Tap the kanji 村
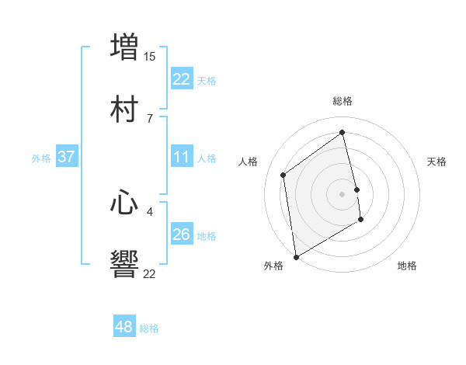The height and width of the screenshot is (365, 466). coord(125,109)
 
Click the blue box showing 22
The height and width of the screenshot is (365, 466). coord(181,79)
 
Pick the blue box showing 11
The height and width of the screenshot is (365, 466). coord(181,157)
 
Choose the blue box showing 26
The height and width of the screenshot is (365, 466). coord(181,235)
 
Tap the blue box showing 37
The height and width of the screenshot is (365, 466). coord(66,157)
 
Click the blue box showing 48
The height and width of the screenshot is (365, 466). coord(124,327)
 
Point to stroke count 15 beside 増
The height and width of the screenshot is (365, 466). coord(150,57)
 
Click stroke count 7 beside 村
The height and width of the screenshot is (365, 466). coord(150,119)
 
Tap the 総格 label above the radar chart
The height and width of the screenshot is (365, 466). coord(343,101)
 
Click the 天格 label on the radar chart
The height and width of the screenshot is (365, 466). coord(437,162)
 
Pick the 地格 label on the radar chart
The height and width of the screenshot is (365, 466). coord(407,266)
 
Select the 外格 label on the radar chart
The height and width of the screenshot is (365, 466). coord(273,266)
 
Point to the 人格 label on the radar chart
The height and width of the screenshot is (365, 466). coord(249,162)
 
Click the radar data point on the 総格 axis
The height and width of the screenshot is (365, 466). coord(343,133)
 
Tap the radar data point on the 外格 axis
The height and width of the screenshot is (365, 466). coord(296,256)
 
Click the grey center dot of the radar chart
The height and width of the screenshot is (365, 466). coord(343,193)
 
